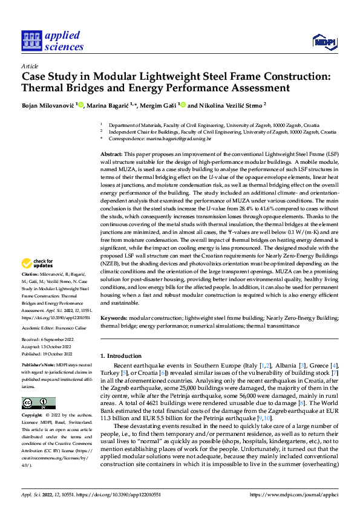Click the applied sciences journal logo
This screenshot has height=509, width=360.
coord(51,41)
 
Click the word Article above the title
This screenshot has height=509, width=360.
coord(30,66)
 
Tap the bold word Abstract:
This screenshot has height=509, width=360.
coord(111,155)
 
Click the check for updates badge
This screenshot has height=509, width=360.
coord(36,263)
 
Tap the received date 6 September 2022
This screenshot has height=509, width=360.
coord(55,340)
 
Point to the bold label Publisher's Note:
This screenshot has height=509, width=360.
coord(39,366)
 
